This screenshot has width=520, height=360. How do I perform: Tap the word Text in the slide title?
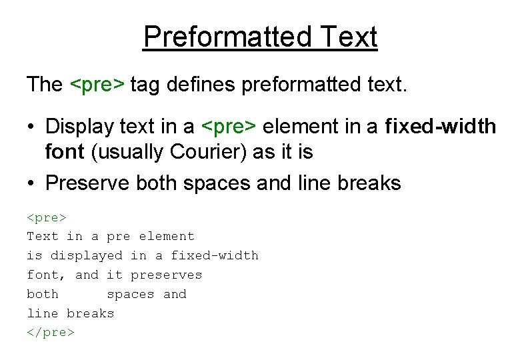pyautogui.click(x=346, y=37)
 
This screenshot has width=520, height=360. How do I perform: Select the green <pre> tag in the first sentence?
pyautogui.click(x=97, y=85)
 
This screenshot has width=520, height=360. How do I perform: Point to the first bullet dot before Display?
pyautogui.click(x=31, y=126)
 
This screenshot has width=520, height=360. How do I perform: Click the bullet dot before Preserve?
pyautogui.click(x=31, y=183)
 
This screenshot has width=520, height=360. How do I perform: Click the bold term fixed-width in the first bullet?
pyautogui.click(x=441, y=126)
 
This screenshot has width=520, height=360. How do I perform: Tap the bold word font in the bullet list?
pyautogui.click(x=64, y=153)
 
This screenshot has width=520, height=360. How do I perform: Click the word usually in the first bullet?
pyautogui.click(x=131, y=153)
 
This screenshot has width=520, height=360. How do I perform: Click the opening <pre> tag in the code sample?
pyautogui.click(x=47, y=217)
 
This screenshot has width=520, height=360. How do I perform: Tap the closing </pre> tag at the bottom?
pyautogui.click(x=51, y=332)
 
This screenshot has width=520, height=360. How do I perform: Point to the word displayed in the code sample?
pyautogui.click(x=87, y=255)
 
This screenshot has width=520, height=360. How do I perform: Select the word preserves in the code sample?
pyautogui.click(x=166, y=275)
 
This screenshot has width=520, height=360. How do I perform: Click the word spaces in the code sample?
pyautogui.click(x=131, y=294)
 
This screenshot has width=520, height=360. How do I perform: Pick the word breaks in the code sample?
pyautogui.click(x=91, y=313)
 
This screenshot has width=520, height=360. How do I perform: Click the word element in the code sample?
pyautogui.click(x=167, y=236)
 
